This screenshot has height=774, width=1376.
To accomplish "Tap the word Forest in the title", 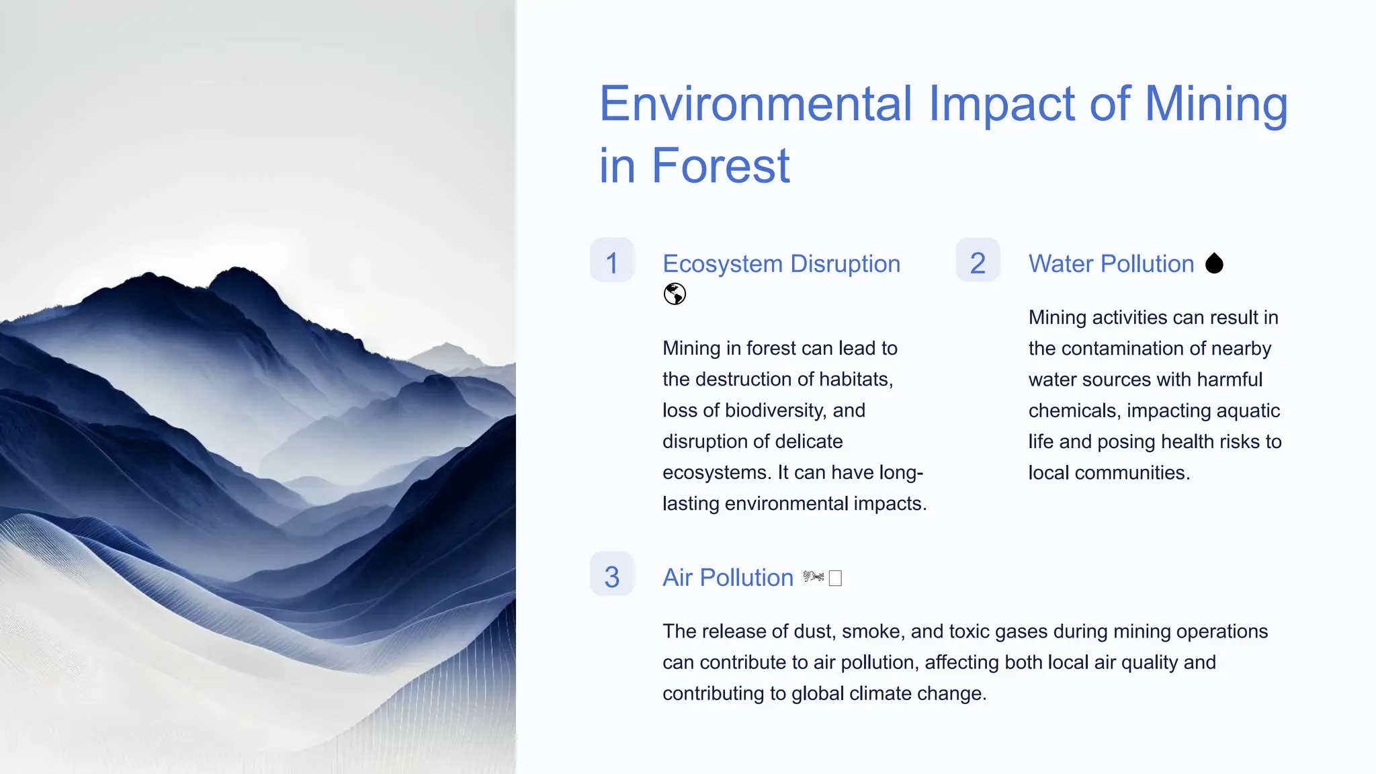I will [720, 166].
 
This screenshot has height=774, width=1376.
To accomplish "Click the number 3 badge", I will [611, 575].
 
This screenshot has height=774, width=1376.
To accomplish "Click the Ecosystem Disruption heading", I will [781, 264].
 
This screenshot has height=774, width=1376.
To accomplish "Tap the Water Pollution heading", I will [1111, 264].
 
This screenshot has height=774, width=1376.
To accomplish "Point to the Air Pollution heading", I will [728, 578].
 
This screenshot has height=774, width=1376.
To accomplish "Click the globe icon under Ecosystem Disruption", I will [675, 294].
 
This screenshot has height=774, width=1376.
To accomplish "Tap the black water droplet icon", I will [1214, 263].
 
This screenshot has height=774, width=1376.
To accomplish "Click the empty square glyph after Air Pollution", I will [835, 578].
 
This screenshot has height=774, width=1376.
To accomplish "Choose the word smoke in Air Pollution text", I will [871, 632].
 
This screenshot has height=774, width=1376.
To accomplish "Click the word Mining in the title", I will [1215, 105].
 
